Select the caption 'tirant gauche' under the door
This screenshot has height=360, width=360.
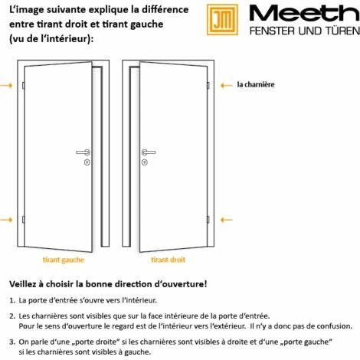coord(64,260)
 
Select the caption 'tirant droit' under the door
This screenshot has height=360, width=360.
coord(168,260)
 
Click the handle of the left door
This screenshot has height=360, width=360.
coord(83,152)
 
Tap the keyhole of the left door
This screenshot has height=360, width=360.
coord(87,162)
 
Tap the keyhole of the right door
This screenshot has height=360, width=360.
coord(144,162)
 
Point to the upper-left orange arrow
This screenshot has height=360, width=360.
coord(6,85)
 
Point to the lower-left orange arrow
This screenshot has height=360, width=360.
coord(6,219)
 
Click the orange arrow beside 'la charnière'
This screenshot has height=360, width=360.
coord(226,85)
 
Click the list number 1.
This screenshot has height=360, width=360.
coord(11,301)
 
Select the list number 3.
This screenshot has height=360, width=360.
coord(11,342)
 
